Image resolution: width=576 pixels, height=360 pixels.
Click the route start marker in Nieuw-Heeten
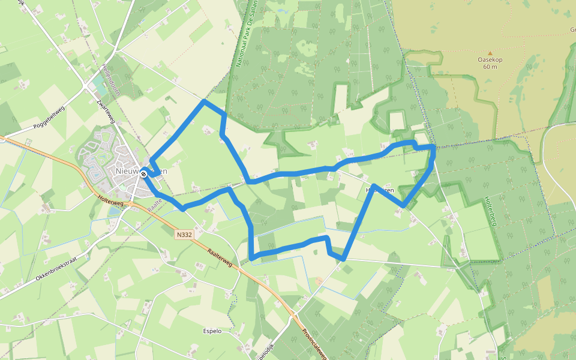pyautogui.click(x=143, y=174)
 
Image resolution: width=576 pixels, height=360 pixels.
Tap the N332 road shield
pyautogui.click(x=185, y=235)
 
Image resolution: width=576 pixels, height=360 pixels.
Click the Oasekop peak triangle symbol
pyautogui.click(x=490, y=53)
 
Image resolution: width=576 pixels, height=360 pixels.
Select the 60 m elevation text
pyautogui.click(x=490, y=67)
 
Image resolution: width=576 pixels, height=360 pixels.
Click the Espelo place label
pyautogui.click(x=212, y=331)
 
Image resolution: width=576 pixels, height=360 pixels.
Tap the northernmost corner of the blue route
pyautogui.click(x=204, y=101)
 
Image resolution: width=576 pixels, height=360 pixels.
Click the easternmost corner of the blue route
pyautogui.click(x=433, y=146)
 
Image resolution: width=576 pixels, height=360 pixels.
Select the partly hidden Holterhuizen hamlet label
pyautogui.click(x=380, y=190)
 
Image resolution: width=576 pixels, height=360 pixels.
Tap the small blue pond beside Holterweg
pyautogui.click(x=115, y=211)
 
